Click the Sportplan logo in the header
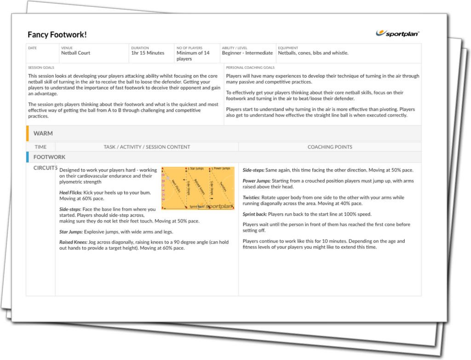[398, 33]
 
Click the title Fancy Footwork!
[57, 34]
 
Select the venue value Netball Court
[75, 53]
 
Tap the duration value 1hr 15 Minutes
[148, 53]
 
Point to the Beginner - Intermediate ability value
[247, 53]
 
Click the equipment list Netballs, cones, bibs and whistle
[313, 53]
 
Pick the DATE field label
[32, 48]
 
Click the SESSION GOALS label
[41, 68]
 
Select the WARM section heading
[43, 133]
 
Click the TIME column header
[40, 147]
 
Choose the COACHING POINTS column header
[330, 147]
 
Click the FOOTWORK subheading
[49, 157]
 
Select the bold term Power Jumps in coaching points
[257, 181]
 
